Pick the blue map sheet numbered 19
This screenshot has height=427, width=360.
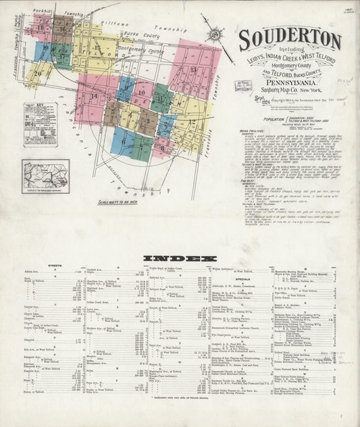coord(43,50)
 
